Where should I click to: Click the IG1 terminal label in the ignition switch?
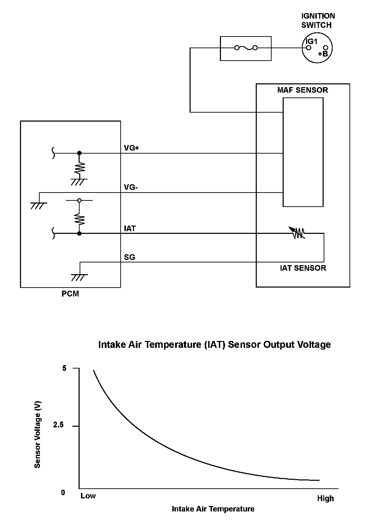[312, 41]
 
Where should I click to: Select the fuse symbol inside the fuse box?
[246, 48]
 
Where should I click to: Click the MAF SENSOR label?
[303, 90]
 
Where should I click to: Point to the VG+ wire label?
[131, 148]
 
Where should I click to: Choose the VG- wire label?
[131, 187]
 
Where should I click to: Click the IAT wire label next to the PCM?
[130, 228]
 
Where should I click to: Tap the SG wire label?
[130, 257]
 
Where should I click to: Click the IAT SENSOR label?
[303, 268]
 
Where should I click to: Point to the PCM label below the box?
[70, 294]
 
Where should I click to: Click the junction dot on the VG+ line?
[79, 153]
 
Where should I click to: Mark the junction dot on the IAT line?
[79, 234]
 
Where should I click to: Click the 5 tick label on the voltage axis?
[64, 369]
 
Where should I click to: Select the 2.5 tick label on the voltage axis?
[58, 425]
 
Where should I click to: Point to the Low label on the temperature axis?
[88, 496]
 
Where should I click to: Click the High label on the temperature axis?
[325, 498]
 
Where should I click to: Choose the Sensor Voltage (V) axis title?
[38, 434]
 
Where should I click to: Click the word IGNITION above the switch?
[318, 16]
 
